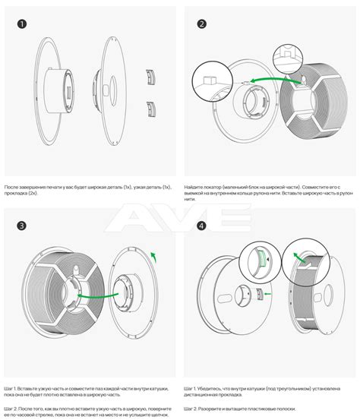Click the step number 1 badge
22,24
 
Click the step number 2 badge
202,24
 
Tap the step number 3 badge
21,226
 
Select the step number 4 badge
202,226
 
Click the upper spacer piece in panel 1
151,77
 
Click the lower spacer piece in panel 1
151,109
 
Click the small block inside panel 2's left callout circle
210,81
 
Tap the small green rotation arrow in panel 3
153,257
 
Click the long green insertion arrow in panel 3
98,296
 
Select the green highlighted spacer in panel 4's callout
263,258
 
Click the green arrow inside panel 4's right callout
299,257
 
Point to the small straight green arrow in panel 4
267,294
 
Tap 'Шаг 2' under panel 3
10,409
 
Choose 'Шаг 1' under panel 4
190,388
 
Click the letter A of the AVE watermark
129,217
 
